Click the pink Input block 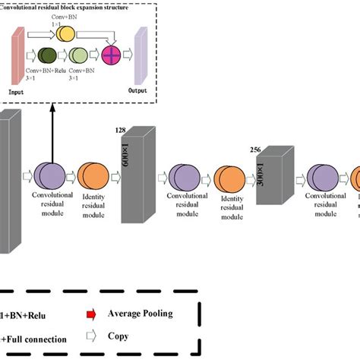click(16, 57)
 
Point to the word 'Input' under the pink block click(17, 91)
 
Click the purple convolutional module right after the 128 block click(185, 180)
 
